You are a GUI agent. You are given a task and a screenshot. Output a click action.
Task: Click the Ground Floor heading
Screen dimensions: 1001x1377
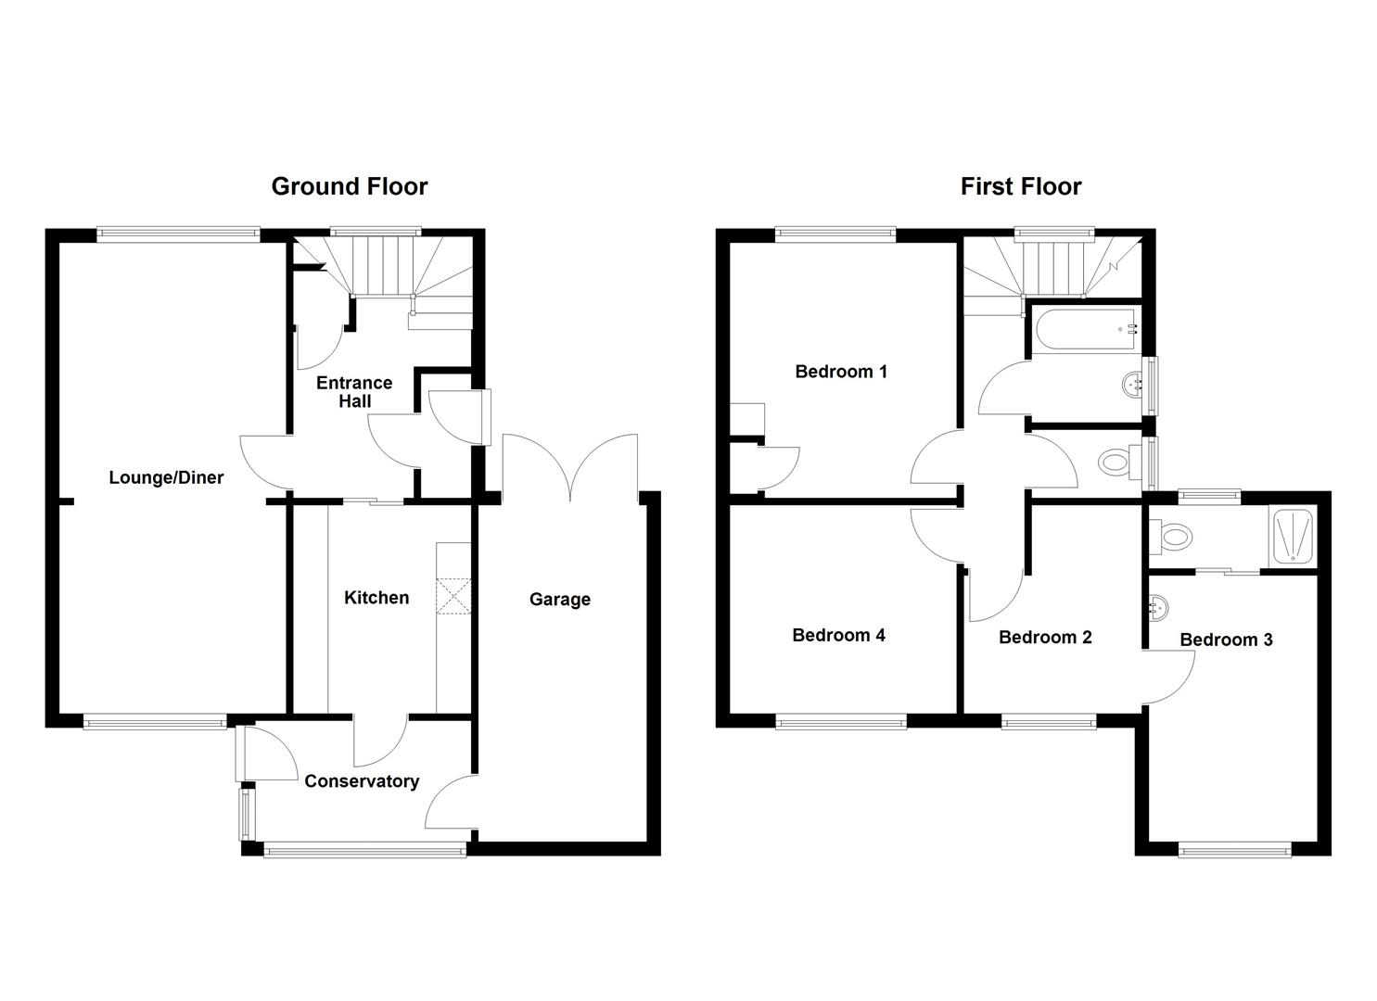(349, 186)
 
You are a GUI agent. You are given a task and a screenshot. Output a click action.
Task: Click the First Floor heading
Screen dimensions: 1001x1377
(1020, 186)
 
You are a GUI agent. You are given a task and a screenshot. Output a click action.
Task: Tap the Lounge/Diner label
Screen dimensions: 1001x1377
(166, 478)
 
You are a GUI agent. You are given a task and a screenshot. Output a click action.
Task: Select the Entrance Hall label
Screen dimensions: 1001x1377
(354, 392)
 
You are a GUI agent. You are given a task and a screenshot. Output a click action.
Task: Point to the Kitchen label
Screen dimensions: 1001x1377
(376, 598)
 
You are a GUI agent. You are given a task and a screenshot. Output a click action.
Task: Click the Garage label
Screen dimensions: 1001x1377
(559, 600)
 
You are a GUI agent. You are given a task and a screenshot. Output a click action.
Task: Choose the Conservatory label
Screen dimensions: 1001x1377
(362, 781)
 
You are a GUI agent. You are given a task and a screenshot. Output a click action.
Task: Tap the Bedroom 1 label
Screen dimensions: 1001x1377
(841, 372)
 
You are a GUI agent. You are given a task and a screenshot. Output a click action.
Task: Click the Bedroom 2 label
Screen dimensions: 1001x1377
(1045, 637)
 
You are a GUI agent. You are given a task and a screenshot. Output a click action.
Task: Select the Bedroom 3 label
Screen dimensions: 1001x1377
(1226, 640)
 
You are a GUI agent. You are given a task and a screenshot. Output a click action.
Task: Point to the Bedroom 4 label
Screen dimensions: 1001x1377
(838, 635)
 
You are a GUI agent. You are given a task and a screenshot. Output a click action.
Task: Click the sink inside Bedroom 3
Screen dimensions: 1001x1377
(1156, 609)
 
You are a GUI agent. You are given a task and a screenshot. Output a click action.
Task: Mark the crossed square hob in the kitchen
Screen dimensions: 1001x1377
(454, 596)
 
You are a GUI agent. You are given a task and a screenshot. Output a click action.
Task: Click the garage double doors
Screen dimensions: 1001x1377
(570, 468)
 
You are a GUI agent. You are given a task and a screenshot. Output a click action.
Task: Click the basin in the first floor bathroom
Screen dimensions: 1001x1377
(1133, 383)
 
